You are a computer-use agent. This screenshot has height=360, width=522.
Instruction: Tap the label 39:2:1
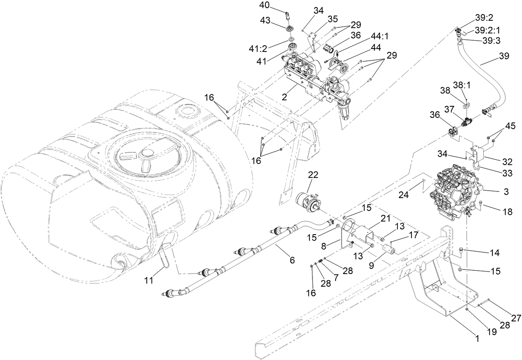487,30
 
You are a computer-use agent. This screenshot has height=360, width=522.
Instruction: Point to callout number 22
313,175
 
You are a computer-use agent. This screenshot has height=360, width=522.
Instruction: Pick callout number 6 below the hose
292,260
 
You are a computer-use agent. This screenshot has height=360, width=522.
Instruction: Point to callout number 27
515,318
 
